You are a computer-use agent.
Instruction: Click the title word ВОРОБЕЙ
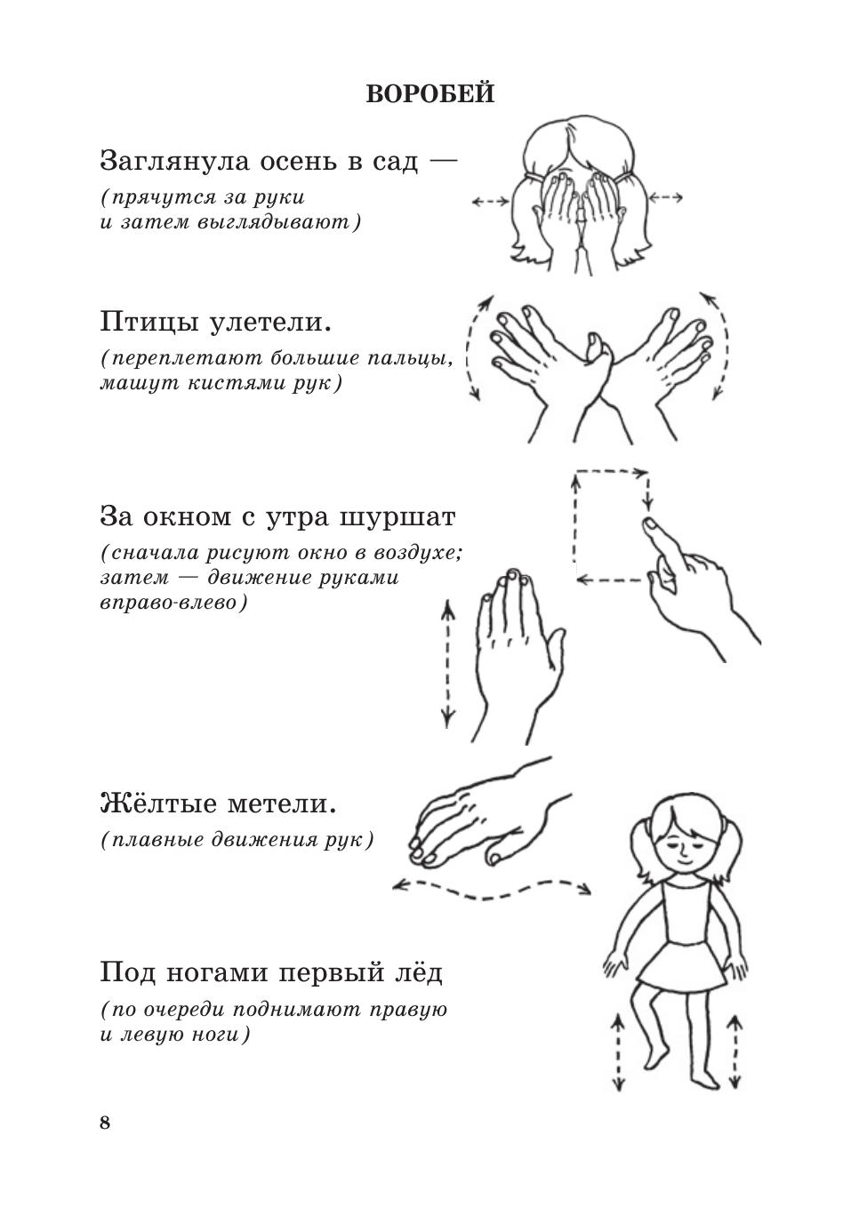click(430, 94)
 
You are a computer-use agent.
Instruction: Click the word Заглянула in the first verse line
click(175, 162)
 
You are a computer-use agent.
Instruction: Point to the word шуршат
click(397, 517)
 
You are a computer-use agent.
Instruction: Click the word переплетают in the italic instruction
click(186, 359)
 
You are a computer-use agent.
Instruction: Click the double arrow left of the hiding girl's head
click(490, 202)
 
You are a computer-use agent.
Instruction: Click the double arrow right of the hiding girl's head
click(665, 197)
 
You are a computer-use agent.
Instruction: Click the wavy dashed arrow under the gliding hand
click(492, 888)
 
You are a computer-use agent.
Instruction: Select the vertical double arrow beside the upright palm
click(447, 663)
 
